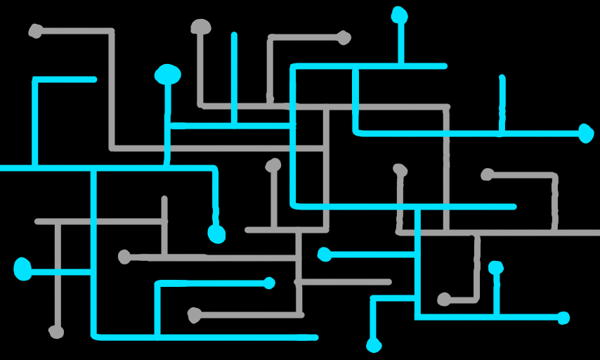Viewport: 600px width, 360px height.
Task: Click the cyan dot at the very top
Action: tap(399, 14)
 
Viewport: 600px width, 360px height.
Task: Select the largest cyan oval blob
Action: tap(168, 74)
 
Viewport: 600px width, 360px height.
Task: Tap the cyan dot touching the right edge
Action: tap(586, 133)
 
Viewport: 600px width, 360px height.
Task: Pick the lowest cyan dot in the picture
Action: tap(374, 345)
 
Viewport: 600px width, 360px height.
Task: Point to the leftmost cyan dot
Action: tap(23, 269)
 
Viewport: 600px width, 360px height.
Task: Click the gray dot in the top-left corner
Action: tap(35, 31)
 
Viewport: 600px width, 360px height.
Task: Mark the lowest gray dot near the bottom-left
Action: tap(56, 331)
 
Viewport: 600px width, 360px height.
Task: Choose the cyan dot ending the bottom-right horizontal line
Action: tap(563, 318)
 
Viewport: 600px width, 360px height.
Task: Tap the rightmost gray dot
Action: tap(488, 174)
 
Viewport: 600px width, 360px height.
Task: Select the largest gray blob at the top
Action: tap(201, 27)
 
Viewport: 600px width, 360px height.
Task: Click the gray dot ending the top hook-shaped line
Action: tap(344, 37)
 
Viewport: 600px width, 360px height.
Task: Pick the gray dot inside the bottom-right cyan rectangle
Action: tap(444, 300)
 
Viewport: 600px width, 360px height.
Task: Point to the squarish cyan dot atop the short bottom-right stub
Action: tap(496, 267)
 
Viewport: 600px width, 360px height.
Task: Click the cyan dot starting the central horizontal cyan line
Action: tap(324, 254)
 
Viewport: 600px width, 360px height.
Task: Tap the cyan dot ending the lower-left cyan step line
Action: tap(269, 283)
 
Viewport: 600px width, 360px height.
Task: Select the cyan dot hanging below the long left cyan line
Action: tap(216, 234)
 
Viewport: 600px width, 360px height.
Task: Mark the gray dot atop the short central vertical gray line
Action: tap(273, 165)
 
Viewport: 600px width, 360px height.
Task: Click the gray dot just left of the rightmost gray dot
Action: tap(400, 169)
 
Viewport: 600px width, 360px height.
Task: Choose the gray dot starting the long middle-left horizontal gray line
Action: tap(124, 257)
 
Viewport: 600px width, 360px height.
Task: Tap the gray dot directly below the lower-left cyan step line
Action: tap(195, 314)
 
